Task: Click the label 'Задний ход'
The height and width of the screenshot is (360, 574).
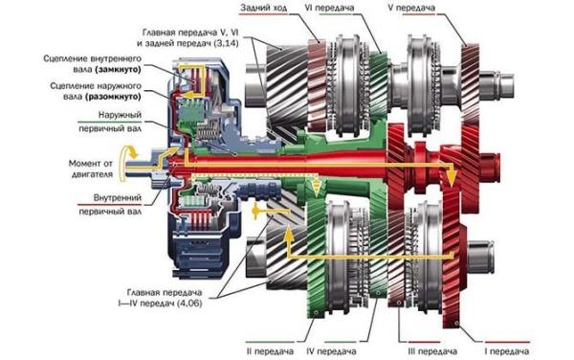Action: (x=264, y=8)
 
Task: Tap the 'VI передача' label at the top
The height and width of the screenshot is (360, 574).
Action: (x=329, y=8)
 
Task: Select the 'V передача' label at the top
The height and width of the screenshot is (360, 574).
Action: (x=411, y=8)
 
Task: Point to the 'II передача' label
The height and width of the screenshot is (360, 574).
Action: (x=270, y=351)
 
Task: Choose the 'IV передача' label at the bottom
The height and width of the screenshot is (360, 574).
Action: (x=331, y=351)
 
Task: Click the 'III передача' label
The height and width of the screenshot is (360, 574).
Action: (x=432, y=351)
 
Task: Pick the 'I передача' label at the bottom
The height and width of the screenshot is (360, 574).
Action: (x=507, y=351)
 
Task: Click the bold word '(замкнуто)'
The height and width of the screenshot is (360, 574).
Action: (x=118, y=69)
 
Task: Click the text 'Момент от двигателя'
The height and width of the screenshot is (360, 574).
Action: (x=91, y=169)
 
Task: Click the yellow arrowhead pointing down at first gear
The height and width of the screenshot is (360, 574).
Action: (x=453, y=179)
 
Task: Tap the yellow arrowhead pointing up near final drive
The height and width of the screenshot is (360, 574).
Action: (x=288, y=233)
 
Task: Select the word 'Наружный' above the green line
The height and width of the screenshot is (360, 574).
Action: (x=120, y=115)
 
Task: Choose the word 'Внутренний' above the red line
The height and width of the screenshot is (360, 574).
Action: (x=117, y=198)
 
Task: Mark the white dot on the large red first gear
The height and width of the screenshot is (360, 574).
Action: (x=456, y=323)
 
